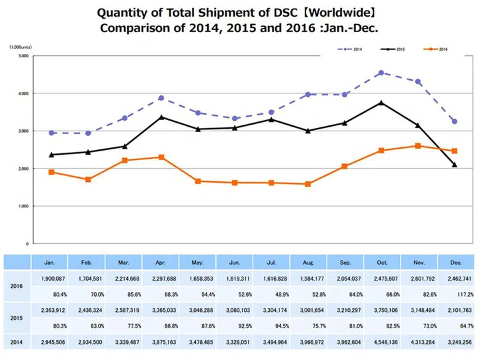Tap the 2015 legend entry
coord(394,49)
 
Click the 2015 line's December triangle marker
coord(455,165)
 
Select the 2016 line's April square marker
coord(161,157)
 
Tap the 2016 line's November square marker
coord(418,146)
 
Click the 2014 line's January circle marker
coord(52,133)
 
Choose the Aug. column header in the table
coord(308,263)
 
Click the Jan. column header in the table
coord(50,263)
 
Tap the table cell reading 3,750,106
coord(381,310)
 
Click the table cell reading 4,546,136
coord(381,342)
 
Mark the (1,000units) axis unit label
coord(21,47)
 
